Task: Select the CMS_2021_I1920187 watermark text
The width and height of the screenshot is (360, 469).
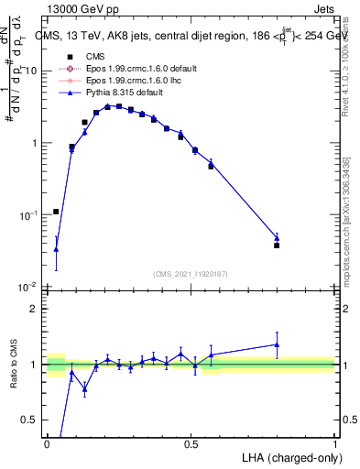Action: (x=191, y=273)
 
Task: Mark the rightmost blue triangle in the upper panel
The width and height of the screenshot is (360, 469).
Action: (x=277, y=238)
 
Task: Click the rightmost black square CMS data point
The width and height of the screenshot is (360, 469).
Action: (x=277, y=245)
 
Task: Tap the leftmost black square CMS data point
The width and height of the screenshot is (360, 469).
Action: (x=56, y=212)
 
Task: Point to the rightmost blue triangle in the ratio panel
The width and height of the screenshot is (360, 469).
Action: (x=277, y=344)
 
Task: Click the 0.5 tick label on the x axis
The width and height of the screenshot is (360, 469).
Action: (x=191, y=443)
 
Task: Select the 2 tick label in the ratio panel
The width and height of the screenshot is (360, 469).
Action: (x=35, y=309)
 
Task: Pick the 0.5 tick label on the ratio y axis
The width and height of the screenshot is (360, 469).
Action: (x=31, y=420)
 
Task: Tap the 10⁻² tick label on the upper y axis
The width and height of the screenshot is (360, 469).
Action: (x=28, y=287)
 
